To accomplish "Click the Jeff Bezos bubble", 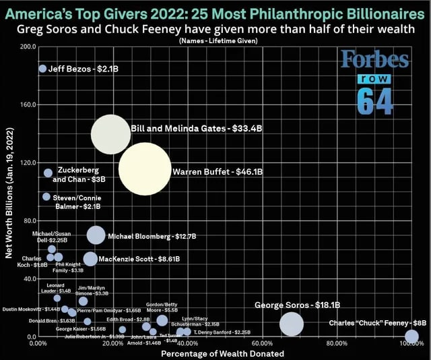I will (x=42, y=69).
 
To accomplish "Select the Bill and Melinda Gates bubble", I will (x=110, y=134).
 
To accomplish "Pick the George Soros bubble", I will (x=291, y=324).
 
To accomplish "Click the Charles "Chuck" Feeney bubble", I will (x=412, y=336).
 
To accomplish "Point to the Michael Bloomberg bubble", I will (x=96, y=235).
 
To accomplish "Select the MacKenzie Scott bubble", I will (x=90, y=259).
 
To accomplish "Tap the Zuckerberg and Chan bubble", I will (x=48, y=173).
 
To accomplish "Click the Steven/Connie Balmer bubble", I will (x=46, y=196).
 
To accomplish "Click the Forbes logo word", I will (x=374, y=61).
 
